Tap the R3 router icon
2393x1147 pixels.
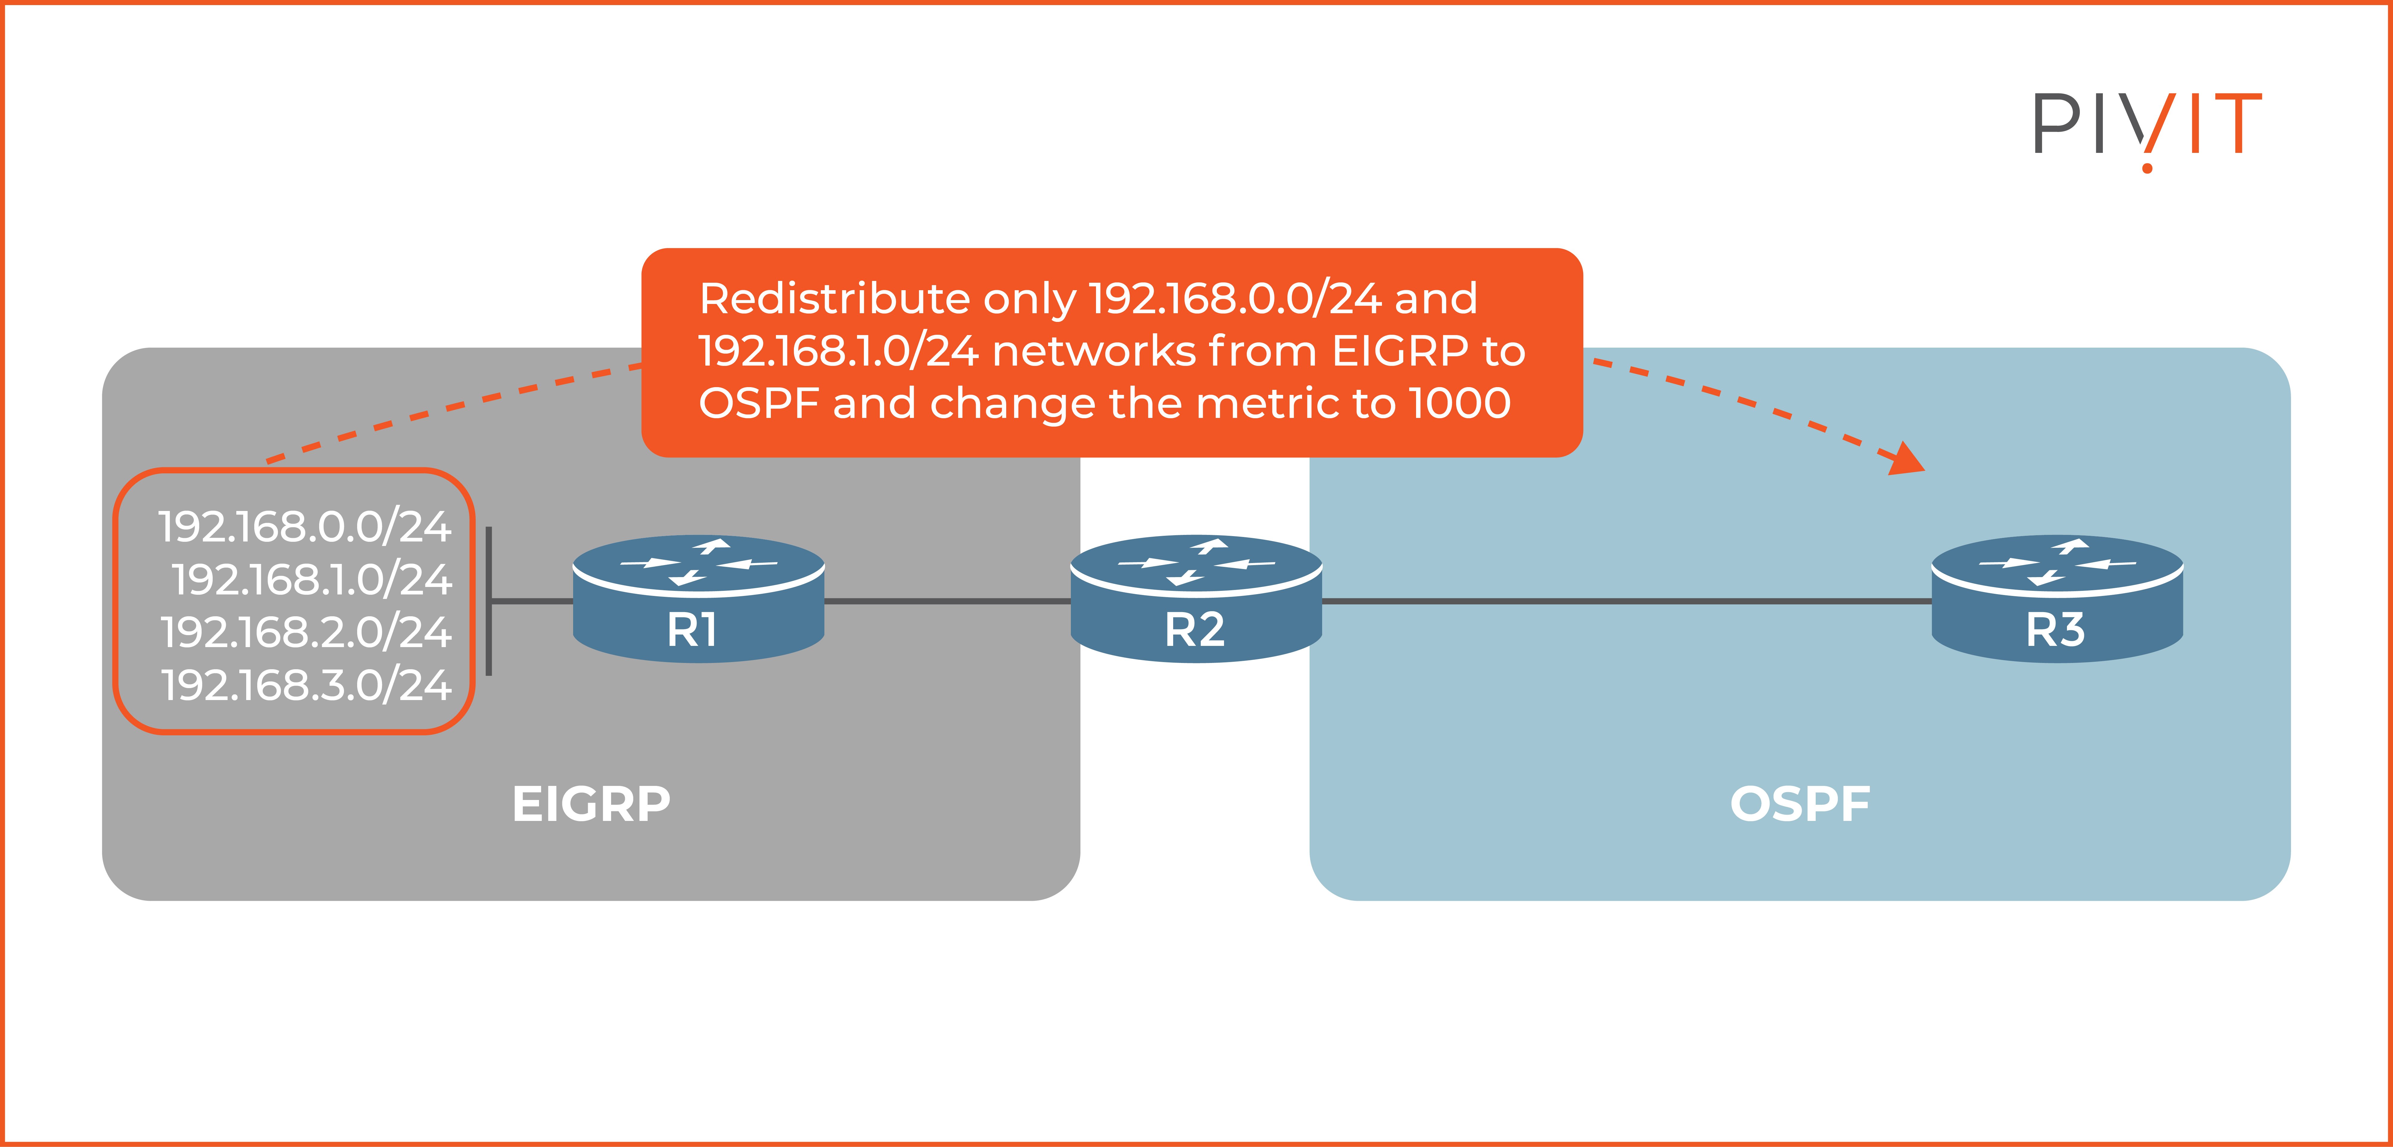tap(2057, 599)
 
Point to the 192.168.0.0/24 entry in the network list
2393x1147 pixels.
tap(305, 527)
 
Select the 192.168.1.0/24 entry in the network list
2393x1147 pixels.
tap(311, 579)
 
